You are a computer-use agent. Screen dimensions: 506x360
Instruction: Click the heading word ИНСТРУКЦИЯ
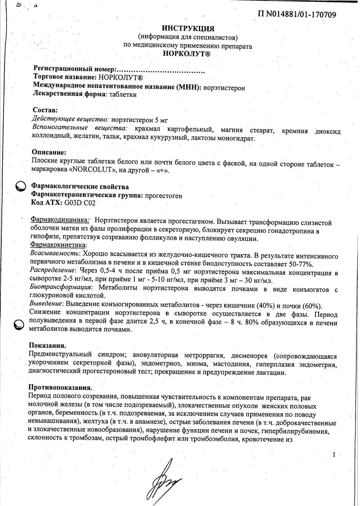click(x=188, y=28)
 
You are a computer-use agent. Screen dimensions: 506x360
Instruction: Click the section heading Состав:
click(x=45, y=110)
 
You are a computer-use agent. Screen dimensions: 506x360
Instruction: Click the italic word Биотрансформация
click(x=60, y=287)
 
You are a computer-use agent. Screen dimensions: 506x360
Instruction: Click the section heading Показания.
click(x=47, y=346)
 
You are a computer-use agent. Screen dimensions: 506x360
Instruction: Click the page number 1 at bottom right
click(x=333, y=455)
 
